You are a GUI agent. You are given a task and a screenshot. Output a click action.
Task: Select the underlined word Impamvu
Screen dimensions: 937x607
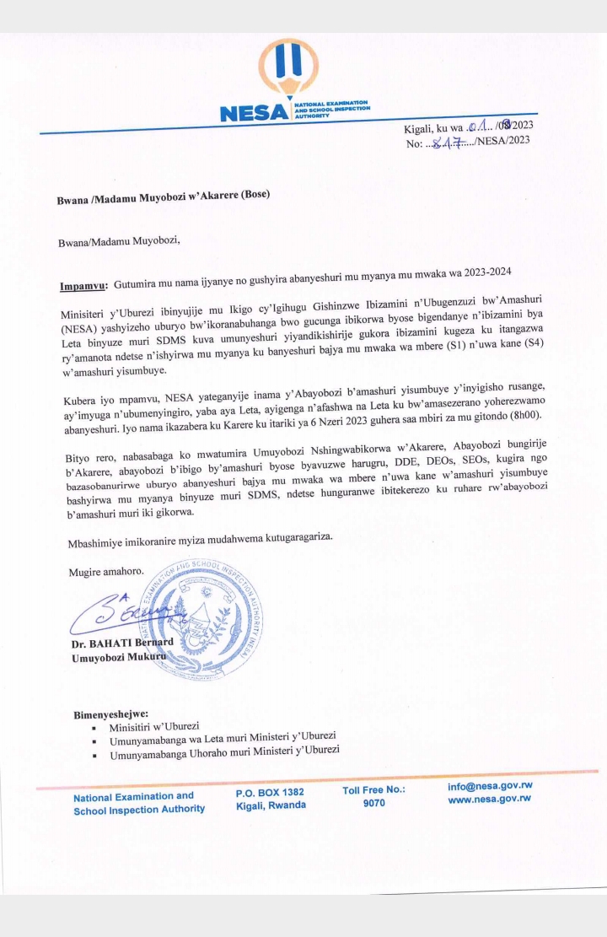[x=81, y=286]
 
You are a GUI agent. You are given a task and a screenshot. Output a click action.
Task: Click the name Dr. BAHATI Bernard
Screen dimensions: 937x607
[x=122, y=644]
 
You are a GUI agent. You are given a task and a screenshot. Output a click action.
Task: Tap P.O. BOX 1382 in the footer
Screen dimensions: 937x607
[x=270, y=792]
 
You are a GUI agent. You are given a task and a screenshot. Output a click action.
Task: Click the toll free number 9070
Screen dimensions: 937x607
[x=373, y=803]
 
